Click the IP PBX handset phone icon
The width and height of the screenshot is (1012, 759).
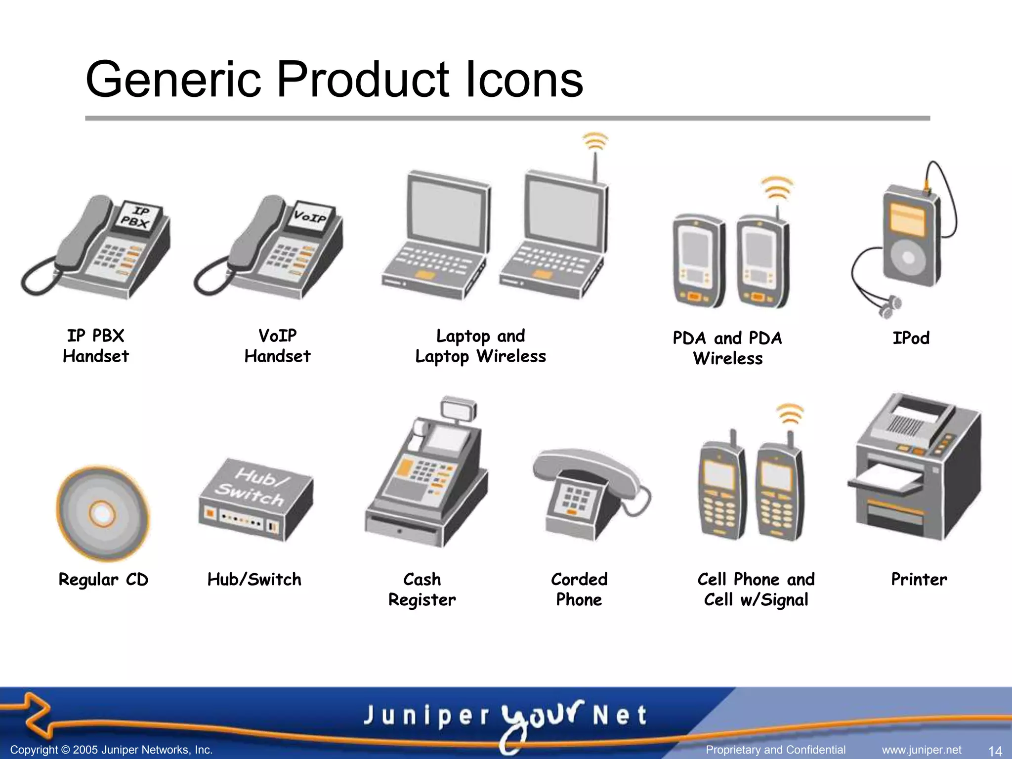(x=99, y=247)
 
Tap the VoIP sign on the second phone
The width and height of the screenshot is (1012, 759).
(x=310, y=216)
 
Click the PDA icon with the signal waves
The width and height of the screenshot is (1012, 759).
(x=762, y=259)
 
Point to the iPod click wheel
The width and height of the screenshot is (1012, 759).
(x=908, y=257)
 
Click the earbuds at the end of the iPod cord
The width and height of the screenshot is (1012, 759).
(x=889, y=306)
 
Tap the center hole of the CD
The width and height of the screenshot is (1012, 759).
(x=102, y=514)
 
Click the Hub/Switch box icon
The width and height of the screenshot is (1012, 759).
(x=255, y=499)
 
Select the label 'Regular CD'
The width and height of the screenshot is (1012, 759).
(x=103, y=580)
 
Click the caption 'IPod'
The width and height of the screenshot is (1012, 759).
(x=911, y=338)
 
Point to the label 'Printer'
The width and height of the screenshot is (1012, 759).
(x=919, y=579)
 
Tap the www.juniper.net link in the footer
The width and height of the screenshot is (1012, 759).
(x=922, y=750)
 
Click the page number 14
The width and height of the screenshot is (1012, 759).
(x=994, y=751)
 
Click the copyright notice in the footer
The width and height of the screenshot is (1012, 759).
(x=112, y=750)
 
